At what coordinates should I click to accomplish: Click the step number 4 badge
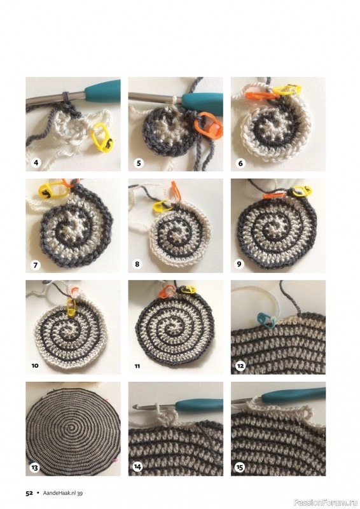(x=36, y=162)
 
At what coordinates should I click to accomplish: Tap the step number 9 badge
(x=239, y=264)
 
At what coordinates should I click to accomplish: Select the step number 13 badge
(x=34, y=468)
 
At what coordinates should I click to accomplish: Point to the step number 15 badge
(x=240, y=468)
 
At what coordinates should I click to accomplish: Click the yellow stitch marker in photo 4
(x=103, y=137)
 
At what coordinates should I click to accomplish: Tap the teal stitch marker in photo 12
(x=267, y=321)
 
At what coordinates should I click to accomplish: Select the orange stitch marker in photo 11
(x=167, y=291)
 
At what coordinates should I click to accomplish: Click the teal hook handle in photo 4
(x=102, y=91)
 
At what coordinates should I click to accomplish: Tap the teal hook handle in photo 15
(x=294, y=395)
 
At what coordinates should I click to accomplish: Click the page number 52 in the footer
(x=29, y=493)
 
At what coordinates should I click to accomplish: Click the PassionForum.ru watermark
(x=326, y=503)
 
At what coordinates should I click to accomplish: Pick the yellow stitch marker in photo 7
(x=52, y=190)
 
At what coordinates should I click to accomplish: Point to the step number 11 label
(x=137, y=366)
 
